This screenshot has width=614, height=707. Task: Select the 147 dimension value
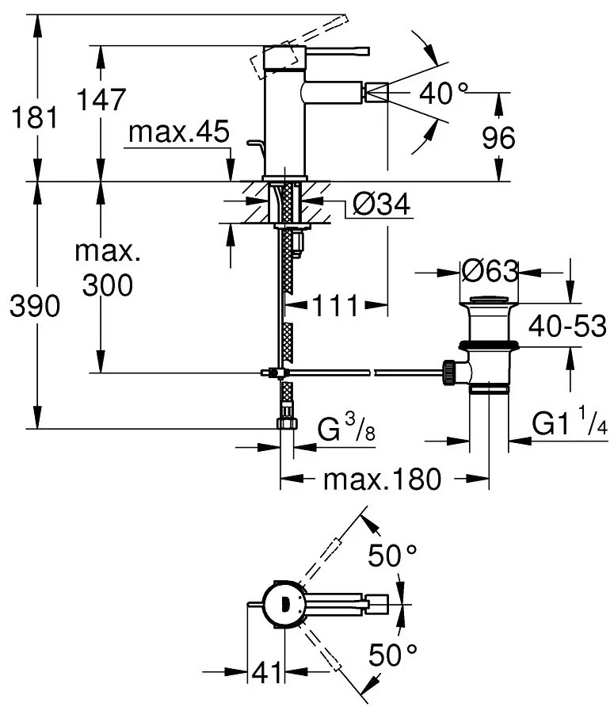(x=101, y=101)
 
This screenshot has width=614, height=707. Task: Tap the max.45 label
(x=178, y=132)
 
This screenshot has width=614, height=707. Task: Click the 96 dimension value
(x=498, y=138)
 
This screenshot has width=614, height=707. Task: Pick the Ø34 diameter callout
(x=380, y=207)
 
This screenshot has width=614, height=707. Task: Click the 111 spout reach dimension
(x=332, y=306)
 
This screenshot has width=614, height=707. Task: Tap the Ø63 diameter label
(x=489, y=272)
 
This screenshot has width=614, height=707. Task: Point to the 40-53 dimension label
(x=567, y=326)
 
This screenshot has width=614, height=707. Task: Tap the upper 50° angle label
(x=392, y=557)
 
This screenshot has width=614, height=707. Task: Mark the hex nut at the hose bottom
(x=287, y=424)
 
